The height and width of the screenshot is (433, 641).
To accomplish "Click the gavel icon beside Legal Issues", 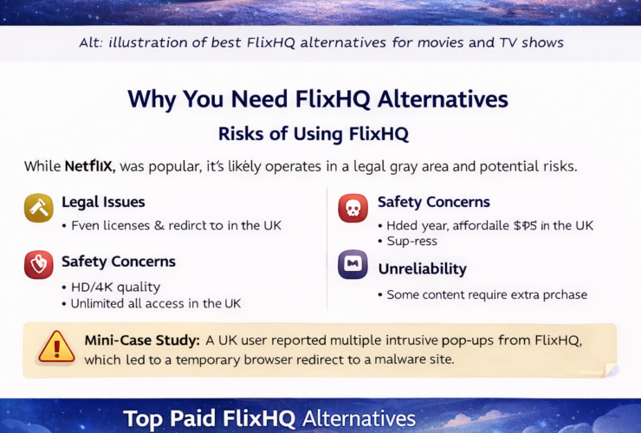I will tap(39, 208).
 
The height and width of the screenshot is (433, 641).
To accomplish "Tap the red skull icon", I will tap(353, 208).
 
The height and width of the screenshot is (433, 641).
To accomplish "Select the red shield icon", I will tap(39, 264).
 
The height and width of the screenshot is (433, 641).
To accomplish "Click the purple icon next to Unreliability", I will tap(353, 264).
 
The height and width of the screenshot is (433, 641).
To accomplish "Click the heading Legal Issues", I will tap(103, 203).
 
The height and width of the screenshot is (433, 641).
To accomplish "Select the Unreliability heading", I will tap(422, 269).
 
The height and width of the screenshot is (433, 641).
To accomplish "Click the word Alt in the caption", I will tap(90, 42).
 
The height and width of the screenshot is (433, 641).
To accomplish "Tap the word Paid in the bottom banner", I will tap(214, 419).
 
